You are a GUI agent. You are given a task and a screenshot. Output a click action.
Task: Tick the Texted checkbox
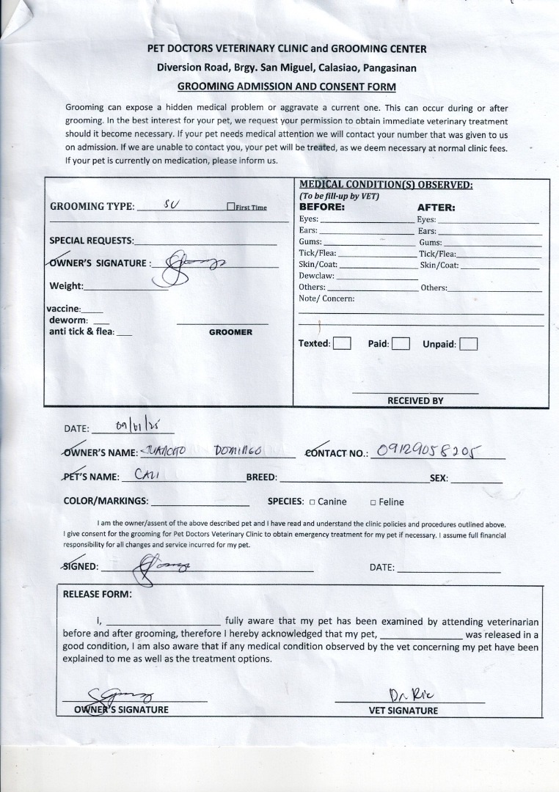coord(342,343)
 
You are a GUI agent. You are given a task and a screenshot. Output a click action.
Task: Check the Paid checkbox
coord(401,343)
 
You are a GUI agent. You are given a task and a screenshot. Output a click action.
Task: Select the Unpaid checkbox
coord(468,343)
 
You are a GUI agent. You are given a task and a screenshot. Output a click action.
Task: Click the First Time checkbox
coord(231,208)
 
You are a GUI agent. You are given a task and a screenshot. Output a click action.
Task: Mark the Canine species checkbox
coord(312,502)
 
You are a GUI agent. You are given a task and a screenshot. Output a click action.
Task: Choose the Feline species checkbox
coord(373,502)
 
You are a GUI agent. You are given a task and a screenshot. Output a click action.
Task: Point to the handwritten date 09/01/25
coord(139,425)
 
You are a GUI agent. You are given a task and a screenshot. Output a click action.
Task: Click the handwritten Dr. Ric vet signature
coord(405,694)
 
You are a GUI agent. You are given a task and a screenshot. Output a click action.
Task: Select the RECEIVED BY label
coord(415,401)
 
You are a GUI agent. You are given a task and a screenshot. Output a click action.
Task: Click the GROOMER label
coord(230,332)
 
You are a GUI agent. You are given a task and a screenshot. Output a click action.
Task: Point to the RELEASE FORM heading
coord(98,594)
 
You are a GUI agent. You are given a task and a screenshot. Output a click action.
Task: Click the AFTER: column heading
coord(436,208)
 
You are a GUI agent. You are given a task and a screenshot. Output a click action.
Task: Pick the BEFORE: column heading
coord(321,208)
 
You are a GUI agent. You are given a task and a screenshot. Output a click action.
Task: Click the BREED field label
coord(261,477)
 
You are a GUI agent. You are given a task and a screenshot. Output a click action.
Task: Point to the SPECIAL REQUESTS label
coord(92,241)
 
